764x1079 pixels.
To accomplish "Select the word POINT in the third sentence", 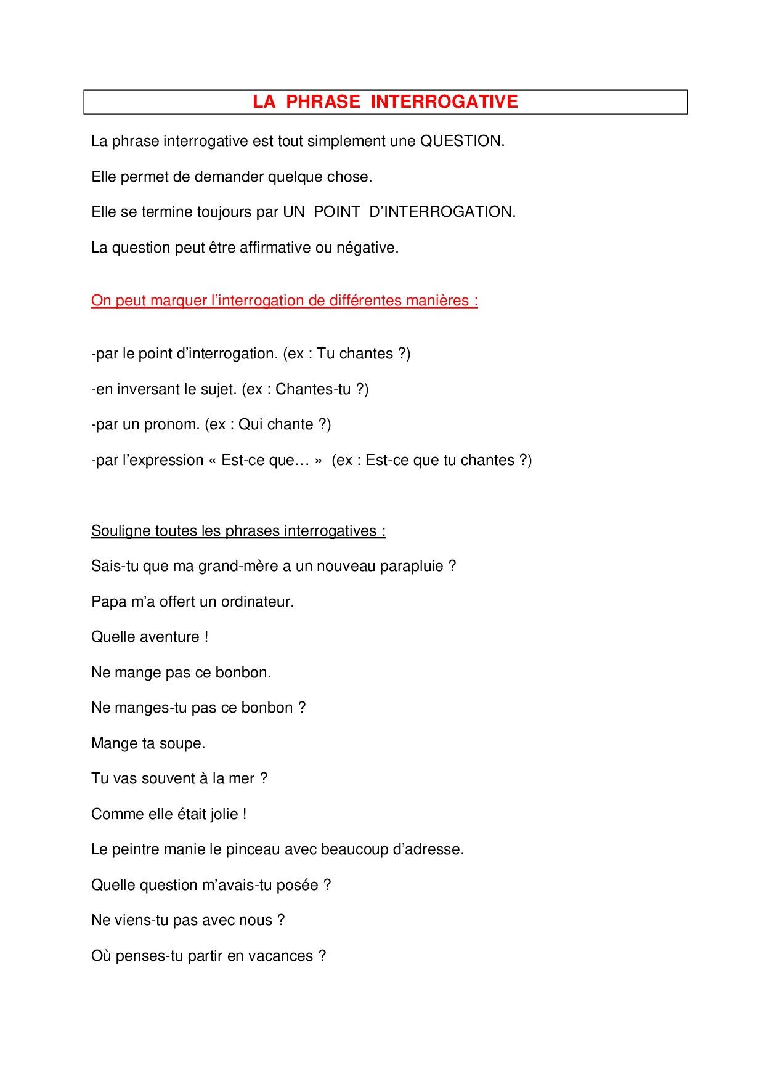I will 336,212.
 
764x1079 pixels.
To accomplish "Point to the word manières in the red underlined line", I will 441,301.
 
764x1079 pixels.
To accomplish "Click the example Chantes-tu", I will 313,389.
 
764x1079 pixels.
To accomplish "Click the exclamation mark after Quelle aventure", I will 206,637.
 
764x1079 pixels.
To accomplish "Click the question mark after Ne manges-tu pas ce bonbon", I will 302,708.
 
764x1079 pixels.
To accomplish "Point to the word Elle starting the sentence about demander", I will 104,177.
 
